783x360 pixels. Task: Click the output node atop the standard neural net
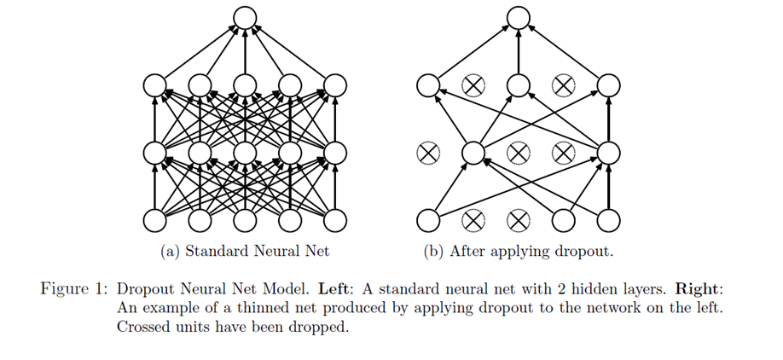245,18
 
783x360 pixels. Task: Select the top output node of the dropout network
518,18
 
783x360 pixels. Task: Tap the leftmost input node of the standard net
154,220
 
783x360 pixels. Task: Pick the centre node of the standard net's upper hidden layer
245,85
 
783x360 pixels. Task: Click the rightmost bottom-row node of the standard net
334,220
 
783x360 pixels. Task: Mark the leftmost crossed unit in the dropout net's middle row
428,153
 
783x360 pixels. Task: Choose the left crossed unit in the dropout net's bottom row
473,220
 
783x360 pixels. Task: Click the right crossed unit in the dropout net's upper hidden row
563,85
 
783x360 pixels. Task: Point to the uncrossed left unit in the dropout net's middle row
473,153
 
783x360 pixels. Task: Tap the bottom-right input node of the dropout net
608,220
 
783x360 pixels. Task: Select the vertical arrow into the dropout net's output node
518,52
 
